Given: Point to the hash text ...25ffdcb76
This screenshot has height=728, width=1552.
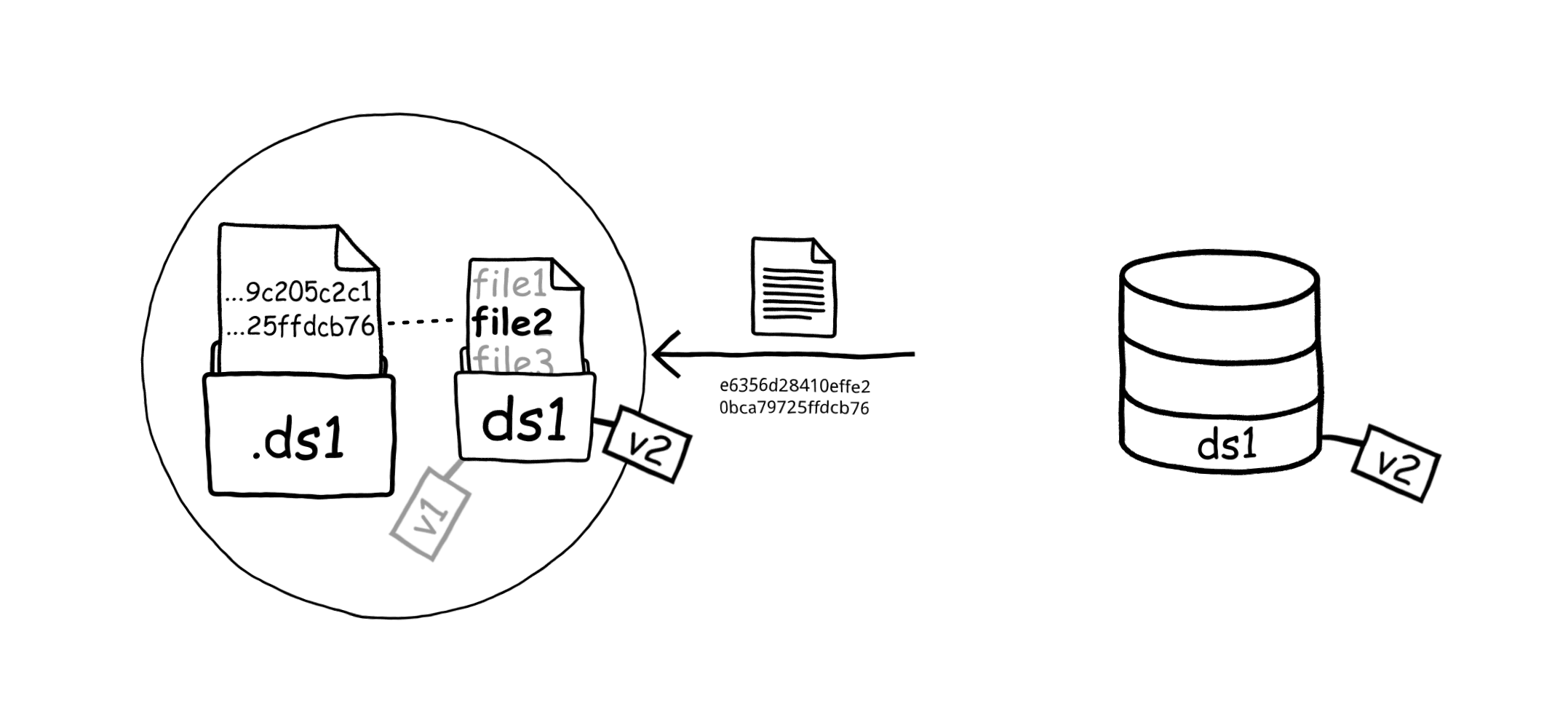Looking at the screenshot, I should pos(300,327).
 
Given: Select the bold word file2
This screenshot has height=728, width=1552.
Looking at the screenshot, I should pos(512,323).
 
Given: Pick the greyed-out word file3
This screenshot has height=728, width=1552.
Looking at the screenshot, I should pos(512,361).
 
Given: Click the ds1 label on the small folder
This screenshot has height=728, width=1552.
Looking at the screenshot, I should pos(524,422).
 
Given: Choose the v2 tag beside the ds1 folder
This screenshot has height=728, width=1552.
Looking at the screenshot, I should pos(647,444).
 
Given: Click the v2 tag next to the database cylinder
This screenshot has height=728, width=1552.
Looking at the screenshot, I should pos(1395,463).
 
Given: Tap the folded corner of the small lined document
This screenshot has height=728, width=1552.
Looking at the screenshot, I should pos(821,252).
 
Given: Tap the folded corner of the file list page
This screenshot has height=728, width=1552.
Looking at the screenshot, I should pos(565,276).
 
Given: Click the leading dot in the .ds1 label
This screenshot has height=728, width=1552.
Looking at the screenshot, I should pos(256,455).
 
